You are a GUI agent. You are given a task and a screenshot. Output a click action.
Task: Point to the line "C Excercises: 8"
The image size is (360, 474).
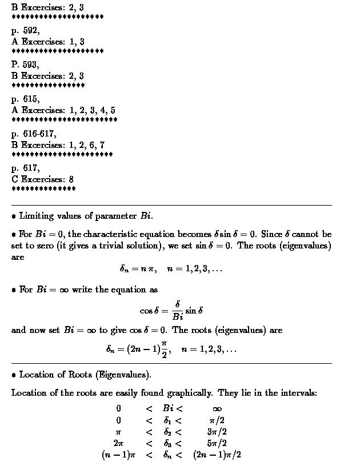tap(42, 179)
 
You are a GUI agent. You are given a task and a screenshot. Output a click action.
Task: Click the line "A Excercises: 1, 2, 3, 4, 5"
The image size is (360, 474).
tap(63, 110)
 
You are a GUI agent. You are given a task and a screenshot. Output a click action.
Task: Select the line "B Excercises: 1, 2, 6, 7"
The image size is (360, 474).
tap(58, 145)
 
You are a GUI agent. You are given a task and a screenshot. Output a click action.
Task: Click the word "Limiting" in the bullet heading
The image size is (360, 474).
tap(36, 216)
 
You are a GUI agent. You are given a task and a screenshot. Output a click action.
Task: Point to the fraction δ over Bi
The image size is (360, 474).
tap(177, 311)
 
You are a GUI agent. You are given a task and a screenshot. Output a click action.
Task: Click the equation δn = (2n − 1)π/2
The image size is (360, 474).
tap(138, 348)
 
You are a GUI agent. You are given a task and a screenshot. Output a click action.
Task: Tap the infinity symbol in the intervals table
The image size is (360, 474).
tap(217, 408)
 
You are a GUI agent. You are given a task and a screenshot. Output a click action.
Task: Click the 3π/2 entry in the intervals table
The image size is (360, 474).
tap(217, 432)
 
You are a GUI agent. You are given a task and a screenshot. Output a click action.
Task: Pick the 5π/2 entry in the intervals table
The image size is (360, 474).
tap(217, 443)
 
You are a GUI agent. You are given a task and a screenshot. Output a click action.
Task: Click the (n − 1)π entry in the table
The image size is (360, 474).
tap(118, 455)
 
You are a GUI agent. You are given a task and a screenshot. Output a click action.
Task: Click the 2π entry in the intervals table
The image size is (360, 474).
tap(118, 443)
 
